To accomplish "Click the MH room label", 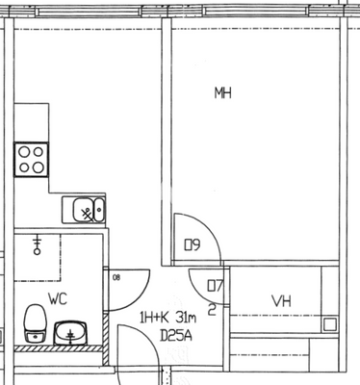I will tap(222, 92).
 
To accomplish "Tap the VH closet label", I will tap(281, 301).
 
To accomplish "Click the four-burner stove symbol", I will tap(31, 159).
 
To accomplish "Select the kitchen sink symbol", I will tap(83, 208).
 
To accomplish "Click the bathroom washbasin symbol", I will tap(70, 333).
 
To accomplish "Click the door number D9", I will tap(192, 245).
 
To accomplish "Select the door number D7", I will tap(215, 286).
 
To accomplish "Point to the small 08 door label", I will tap(116, 278).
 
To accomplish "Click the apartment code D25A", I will tap(175, 336).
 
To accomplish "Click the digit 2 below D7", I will tap(212, 310).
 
